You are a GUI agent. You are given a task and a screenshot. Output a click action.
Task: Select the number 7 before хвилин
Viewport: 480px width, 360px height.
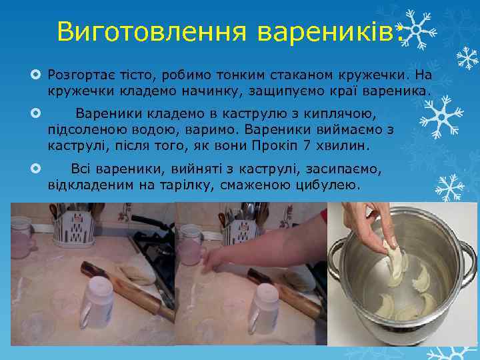point(336,145)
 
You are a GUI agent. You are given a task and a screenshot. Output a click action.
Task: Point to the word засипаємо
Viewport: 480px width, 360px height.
point(337,169)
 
